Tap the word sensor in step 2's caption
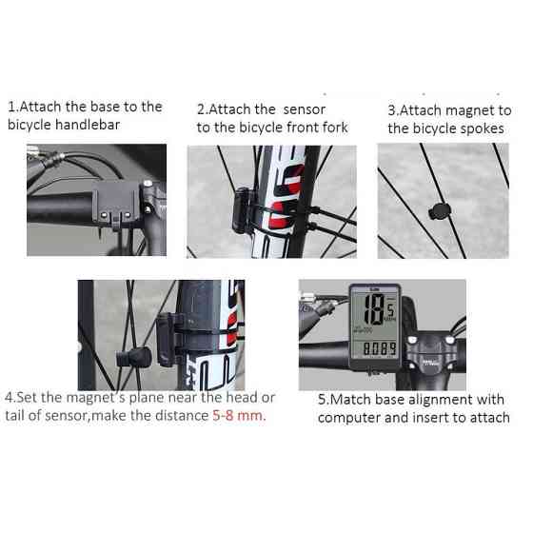pos(305,109)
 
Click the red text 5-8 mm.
pos(239,415)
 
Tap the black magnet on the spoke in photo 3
pos(439,211)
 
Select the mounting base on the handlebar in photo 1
pos(115,204)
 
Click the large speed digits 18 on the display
pos(374,309)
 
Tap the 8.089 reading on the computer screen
pos(380,348)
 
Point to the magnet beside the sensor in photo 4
pos(134,358)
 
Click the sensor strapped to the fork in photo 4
pos(167,340)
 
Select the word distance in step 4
pos(182,415)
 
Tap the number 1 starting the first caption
pos(11,107)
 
